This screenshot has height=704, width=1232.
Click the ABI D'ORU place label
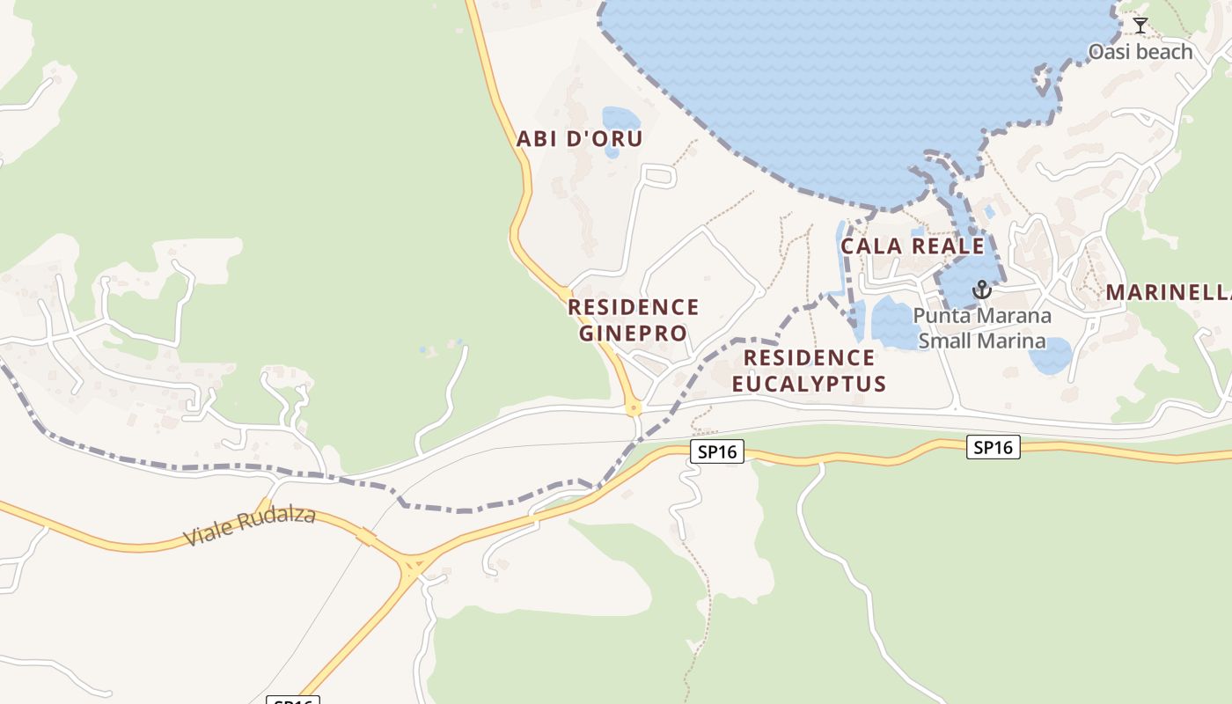pyautogui.click(x=579, y=138)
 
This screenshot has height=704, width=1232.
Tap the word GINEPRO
pyautogui.click(x=633, y=334)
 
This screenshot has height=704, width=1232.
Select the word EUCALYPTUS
pyautogui.click(x=809, y=384)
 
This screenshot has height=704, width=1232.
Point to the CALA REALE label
pyautogui.click(x=912, y=246)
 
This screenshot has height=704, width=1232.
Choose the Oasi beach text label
pyautogui.click(x=1140, y=52)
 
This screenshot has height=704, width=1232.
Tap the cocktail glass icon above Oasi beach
pyautogui.click(x=1140, y=26)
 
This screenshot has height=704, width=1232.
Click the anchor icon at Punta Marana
pyautogui.click(x=981, y=290)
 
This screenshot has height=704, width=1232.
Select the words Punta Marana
pyautogui.click(x=982, y=315)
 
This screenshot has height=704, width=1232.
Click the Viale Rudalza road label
pyautogui.click(x=249, y=526)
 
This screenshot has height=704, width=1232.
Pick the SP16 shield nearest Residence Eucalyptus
pyautogui.click(x=717, y=452)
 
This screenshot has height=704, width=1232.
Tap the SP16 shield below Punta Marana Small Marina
pyautogui.click(x=994, y=447)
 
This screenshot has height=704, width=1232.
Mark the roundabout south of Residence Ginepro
pyautogui.click(x=633, y=407)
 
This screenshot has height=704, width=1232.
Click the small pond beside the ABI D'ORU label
pyautogui.click(x=619, y=121)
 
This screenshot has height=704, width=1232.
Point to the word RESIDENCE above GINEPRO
pyautogui.click(x=633, y=307)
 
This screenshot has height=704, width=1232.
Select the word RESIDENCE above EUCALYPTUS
pyautogui.click(x=809, y=357)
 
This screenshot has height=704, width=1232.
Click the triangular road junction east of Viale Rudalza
pyautogui.click(x=411, y=565)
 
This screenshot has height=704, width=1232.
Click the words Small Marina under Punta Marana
pyautogui.click(x=982, y=341)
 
